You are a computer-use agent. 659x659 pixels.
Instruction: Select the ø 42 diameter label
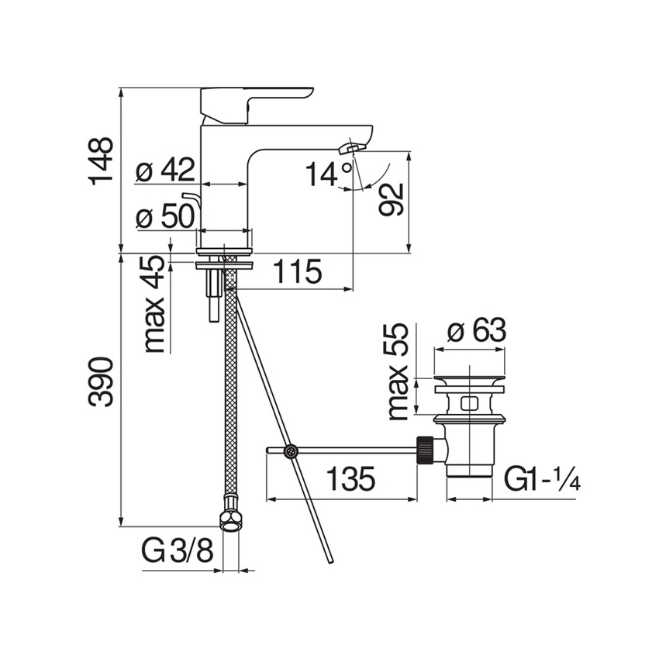[x=165, y=171]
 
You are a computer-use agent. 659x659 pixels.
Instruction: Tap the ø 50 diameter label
[x=165, y=217]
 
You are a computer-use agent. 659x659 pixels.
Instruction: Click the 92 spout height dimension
[x=392, y=200]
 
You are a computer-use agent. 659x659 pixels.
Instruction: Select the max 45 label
[x=155, y=304]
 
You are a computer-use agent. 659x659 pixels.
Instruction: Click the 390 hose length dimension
[x=101, y=382]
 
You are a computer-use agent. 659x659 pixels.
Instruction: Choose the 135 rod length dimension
[x=349, y=479]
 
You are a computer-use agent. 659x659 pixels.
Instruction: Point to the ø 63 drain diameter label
[x=478, y=331]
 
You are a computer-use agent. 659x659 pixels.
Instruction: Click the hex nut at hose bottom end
[x=229, y=519]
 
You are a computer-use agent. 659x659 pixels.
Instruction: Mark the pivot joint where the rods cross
[x=290, y=450]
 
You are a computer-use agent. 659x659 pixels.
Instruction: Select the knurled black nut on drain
[x=424, y=450]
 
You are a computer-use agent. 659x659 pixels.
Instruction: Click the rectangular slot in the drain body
[x=468, y=404]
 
